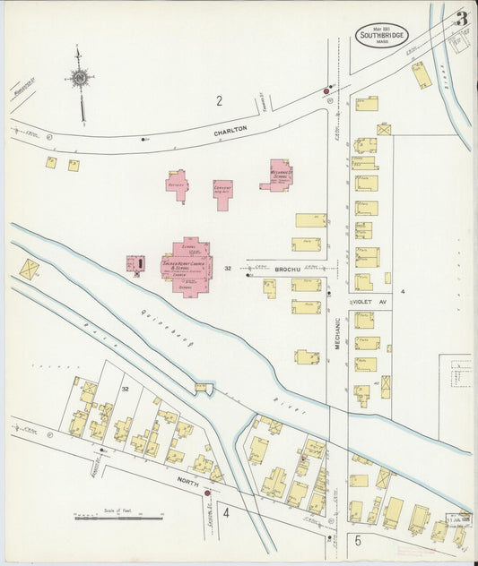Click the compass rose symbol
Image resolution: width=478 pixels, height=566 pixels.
coord(81,80)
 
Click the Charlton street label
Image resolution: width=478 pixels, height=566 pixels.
coord(230,132)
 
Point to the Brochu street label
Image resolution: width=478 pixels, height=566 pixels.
coord(288,268)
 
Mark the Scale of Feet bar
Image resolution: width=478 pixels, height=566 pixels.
coord(118,517)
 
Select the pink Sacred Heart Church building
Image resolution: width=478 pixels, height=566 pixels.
coord(187,265)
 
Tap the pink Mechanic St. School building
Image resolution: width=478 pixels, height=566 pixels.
coord(281,174)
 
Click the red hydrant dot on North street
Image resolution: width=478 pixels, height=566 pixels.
coord(207,492)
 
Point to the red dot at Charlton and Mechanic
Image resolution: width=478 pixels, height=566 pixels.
coord(326,91)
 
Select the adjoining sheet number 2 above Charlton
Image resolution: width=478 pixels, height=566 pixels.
coord(218,100)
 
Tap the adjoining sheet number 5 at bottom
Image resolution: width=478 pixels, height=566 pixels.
coord(356,540)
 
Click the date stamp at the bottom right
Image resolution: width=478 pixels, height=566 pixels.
coord(456,519)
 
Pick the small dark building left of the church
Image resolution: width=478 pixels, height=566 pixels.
coord(136,263)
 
